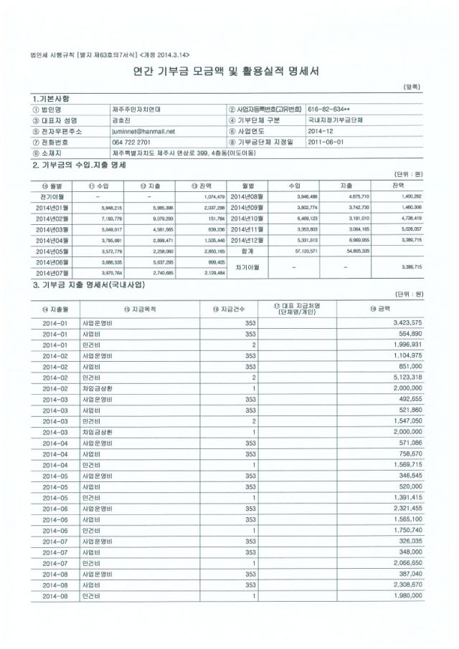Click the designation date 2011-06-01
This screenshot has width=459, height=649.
click(325, 142)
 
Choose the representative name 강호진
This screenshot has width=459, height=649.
click(121, 121)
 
